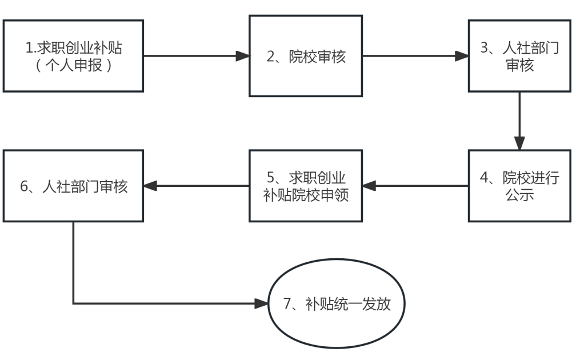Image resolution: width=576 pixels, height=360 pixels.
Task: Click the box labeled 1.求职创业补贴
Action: (73, 56)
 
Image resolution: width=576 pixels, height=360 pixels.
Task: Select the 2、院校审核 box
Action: (306, 56)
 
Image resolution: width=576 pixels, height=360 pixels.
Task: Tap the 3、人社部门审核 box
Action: (519, 56)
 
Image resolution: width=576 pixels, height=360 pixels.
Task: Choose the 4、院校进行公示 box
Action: (519, 186)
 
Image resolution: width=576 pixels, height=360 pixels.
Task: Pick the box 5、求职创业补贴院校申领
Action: (306, 186)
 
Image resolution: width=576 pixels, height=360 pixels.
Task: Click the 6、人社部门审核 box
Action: (73, 186)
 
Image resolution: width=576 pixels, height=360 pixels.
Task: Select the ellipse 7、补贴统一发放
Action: (337, 303)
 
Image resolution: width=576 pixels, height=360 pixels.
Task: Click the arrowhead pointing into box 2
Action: (242, 56)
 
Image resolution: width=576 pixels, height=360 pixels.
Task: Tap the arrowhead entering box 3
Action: (462, 56)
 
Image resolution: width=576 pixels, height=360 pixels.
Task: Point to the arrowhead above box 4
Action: (519, 143)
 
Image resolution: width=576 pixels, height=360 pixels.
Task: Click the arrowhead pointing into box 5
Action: (369, 186)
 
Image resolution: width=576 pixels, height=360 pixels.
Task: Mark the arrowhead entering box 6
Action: (150, 186)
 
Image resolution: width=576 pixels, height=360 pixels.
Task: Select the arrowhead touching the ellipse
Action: (261, 303)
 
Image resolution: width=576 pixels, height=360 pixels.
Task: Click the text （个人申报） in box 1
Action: (74, 65)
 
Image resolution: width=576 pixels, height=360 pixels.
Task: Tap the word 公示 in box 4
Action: (519, 195)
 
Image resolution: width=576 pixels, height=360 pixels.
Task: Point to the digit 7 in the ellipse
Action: (287, 304)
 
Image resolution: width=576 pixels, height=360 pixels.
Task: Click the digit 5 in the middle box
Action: (271, 178)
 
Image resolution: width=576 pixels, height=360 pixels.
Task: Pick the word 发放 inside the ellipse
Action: (377, 304)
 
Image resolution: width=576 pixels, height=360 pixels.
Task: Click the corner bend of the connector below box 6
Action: (73, 303)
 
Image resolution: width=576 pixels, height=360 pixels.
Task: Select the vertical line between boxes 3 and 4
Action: (519, 115)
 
